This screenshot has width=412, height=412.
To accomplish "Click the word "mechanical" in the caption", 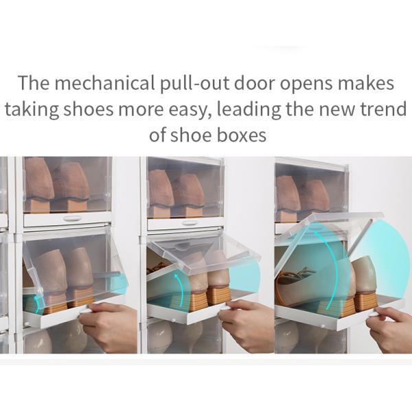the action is (x=104, y=83).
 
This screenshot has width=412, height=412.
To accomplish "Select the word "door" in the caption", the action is (x=254, y=83).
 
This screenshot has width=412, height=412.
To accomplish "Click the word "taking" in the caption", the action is (x=32, y=111).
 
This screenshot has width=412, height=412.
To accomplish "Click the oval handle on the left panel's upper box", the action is (x=72, y=218).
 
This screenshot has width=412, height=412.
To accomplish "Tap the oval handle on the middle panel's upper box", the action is (x=190, y=222).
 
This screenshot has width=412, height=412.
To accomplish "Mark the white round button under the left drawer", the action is (x=25, y=323).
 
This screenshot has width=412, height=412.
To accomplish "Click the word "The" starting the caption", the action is (x=34, y=83).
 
